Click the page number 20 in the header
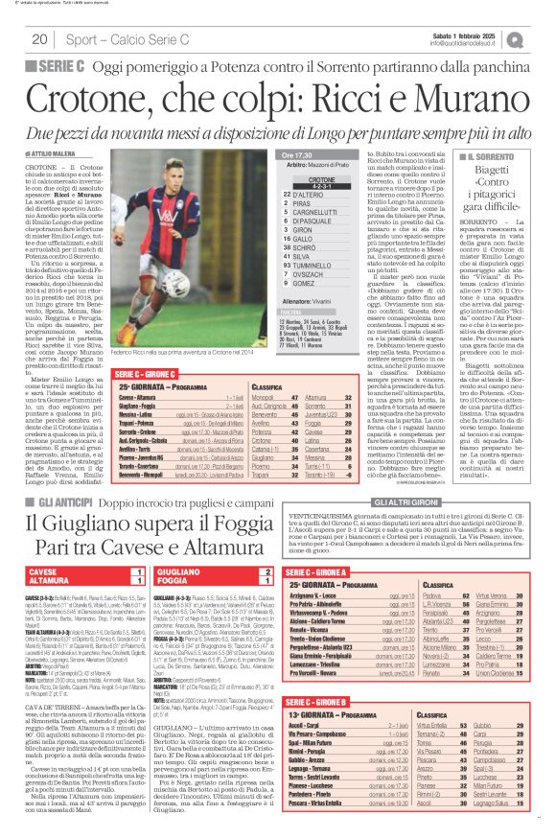click(x=40, y=39)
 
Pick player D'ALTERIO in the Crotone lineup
click(x=335, y=193)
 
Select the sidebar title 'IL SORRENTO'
click(x=464, y=155)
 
